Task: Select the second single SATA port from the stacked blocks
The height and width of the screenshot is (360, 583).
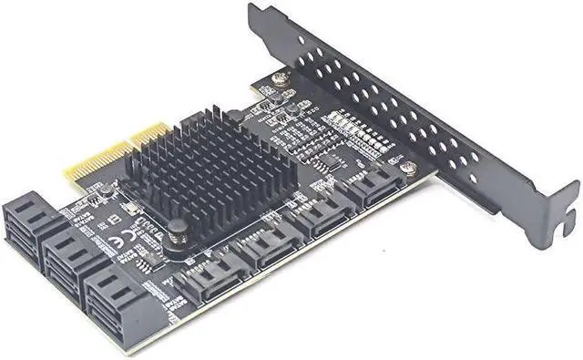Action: [x=266, y=248]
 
